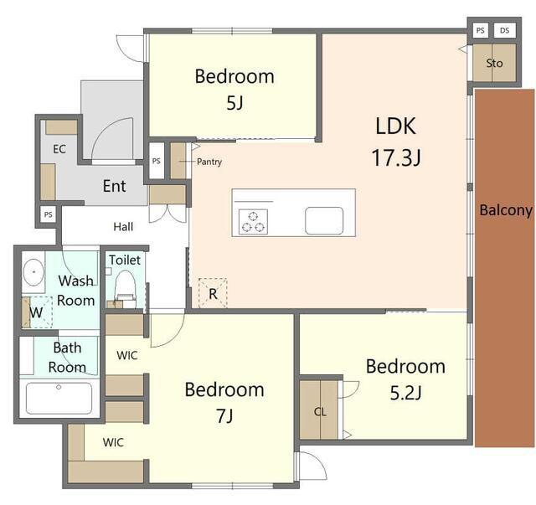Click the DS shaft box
pyautogui.click(x=504, y=30)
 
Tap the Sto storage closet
pyautogui.click(x=494, y=63)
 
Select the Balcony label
pyautogui.click(x=506, y=210)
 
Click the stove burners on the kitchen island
pyautogui.click(x=253, y=222)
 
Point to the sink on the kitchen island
pyautogui.click(x=324, y=221)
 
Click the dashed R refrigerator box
pyautogui.click(x=213, y=293)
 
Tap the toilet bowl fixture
pyautogui.click(x=125, y=286)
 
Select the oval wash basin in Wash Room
pyautogui.click(x=33, y=272)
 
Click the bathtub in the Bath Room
pyautogui.click(x=59, y=398)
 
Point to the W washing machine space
pyautogui.click(x=37, y=312)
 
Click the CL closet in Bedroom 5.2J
pyautogui.click(x=320, y=410)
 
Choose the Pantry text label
pyautogui.click(x=209, y=162)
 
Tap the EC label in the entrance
pyautogui.click(x=59, y=149)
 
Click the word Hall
pyautogui.click(x=123, y=226)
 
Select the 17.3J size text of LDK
pyautogui.click(x=396, y=157)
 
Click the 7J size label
pyautogui.click(x=224, y=415)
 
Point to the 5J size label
pyautogui.click(x=234, y=102)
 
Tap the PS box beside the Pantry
pyautogui.click(x=157, y=160)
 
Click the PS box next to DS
pyautogui.click(x=480, y=30)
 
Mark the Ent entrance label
pyautogui.click(x=114, y=186)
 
